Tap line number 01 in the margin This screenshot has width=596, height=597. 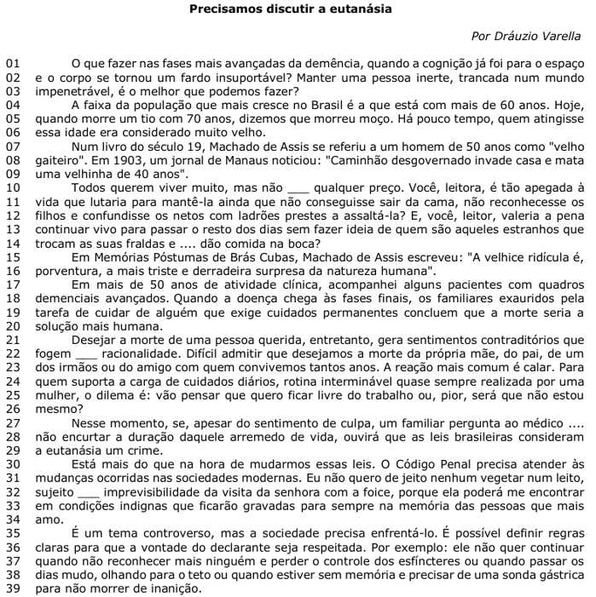click(11, 64)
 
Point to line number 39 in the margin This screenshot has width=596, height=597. click(11, 588)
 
